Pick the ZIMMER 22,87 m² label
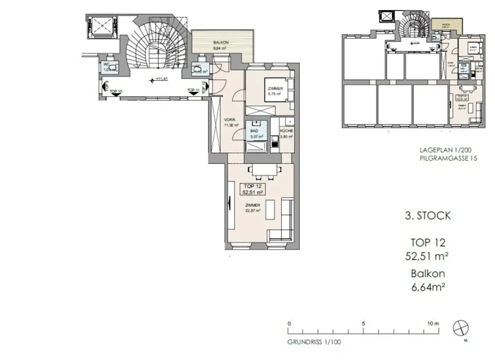[x=253, y=208]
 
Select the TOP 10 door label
[x=116, y=91]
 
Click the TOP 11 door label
[x=193, y=91]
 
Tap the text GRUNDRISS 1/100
[x=314, y=342]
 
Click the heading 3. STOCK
[x=427, y=216]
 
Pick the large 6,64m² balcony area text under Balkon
[x=427, y=286]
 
